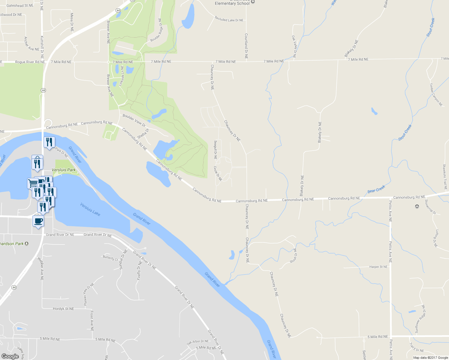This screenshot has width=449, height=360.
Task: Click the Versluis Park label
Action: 64,170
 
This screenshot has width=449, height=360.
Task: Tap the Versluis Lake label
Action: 90,209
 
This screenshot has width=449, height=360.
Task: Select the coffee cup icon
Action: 38,221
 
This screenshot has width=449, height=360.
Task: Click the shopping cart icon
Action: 32,183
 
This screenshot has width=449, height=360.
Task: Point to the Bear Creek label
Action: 376,189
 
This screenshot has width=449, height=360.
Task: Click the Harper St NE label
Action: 378,267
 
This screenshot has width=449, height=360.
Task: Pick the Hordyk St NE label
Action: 63,309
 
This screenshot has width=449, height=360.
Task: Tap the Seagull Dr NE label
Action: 215,150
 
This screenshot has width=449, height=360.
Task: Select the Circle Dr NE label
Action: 218,173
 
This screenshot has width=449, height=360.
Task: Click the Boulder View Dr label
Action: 134,120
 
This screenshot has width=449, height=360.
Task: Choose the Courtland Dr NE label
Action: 246,46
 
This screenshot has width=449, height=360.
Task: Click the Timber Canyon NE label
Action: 436,95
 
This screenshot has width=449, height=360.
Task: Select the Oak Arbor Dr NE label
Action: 197,342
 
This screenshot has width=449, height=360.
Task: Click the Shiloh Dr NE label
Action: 293,256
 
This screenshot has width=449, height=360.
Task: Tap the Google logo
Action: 10,356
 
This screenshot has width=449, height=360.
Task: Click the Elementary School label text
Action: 232,3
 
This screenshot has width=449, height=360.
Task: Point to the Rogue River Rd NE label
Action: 30,62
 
